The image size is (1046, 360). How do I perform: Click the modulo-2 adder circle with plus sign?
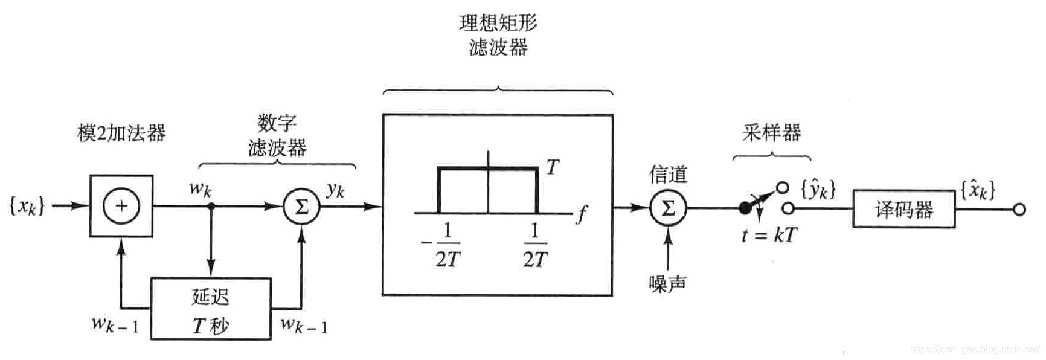(121, 206)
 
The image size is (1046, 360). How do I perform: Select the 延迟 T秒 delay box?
(210, 309)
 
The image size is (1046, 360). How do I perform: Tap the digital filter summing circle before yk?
(301, 207)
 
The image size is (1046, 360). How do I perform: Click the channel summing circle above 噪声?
(667, 208)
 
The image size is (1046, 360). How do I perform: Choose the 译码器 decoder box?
(903, 209)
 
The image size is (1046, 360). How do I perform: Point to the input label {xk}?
(27, 206)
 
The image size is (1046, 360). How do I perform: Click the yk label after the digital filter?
(335, 190)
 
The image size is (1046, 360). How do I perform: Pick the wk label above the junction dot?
(201, 188)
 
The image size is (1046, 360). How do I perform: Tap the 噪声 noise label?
(667, 283)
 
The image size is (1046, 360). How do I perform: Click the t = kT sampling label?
(769, 235)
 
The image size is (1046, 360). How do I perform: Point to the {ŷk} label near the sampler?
(818, 190)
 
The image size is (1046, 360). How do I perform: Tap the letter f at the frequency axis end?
(581, 214)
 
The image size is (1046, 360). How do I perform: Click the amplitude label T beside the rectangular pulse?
(552, 167)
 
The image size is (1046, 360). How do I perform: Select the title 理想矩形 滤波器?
(498, 35)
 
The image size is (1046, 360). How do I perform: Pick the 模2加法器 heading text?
(121, 133)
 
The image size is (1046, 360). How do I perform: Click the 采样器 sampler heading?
(771, 132)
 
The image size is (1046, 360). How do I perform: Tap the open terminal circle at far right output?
(1019, 210)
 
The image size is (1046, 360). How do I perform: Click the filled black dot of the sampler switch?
(745, 208)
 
